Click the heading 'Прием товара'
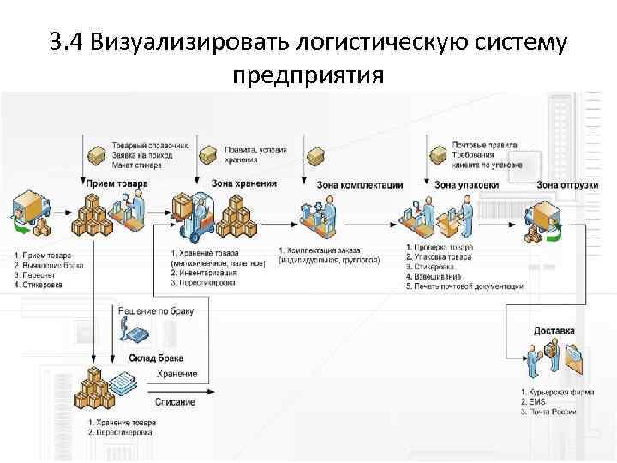117,183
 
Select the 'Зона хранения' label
244,183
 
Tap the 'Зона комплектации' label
359,184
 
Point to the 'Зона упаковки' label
466,184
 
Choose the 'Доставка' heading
554,330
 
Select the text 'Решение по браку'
155,310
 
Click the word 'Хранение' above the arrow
177,374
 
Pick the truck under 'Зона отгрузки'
543,219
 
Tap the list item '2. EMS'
531,401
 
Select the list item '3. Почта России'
548,412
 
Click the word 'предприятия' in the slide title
308,76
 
